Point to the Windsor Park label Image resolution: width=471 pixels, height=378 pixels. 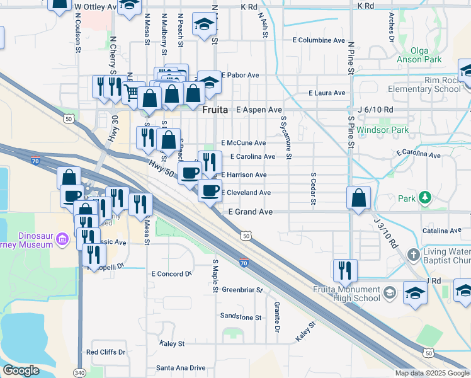[382, 130]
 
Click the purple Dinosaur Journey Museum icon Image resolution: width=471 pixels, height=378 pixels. [62, 239]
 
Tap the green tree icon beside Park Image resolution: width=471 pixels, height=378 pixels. [426, 198]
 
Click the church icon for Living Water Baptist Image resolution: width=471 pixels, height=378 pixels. [413, 255]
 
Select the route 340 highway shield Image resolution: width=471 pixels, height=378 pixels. [80, 372]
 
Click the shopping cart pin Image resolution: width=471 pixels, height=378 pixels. [132, 93]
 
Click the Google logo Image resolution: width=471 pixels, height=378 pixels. [21, 370]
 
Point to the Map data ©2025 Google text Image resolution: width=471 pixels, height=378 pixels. [432, 373]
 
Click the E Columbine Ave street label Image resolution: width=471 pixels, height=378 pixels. [319, 40]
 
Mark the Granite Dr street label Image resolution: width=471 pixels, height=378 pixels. [276, 316]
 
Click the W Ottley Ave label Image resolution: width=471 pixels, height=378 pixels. [96, 6]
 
